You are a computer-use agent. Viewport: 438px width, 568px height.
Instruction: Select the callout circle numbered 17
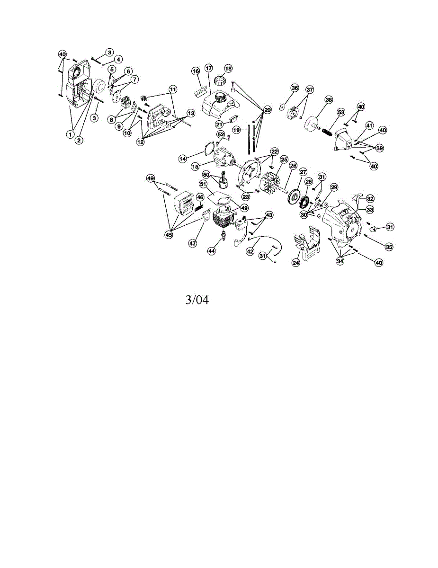pyautogui.click(x=208, y=69)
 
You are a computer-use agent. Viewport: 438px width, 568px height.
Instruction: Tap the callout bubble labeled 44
pyautogui.click(x=212, y=251)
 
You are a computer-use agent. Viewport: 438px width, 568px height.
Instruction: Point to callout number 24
pyautogui.click(x=296, y=262)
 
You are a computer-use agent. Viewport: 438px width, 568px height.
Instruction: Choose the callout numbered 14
pyautogui.click(x=183, y=159)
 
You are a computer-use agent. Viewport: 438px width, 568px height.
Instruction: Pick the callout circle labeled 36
pyautogui.click(x=295, y=89)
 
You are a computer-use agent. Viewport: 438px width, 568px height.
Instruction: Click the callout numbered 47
pyautogui.click(x=193, y=243)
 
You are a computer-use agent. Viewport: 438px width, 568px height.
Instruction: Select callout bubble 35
pyautogui.click(x=389, y=247)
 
